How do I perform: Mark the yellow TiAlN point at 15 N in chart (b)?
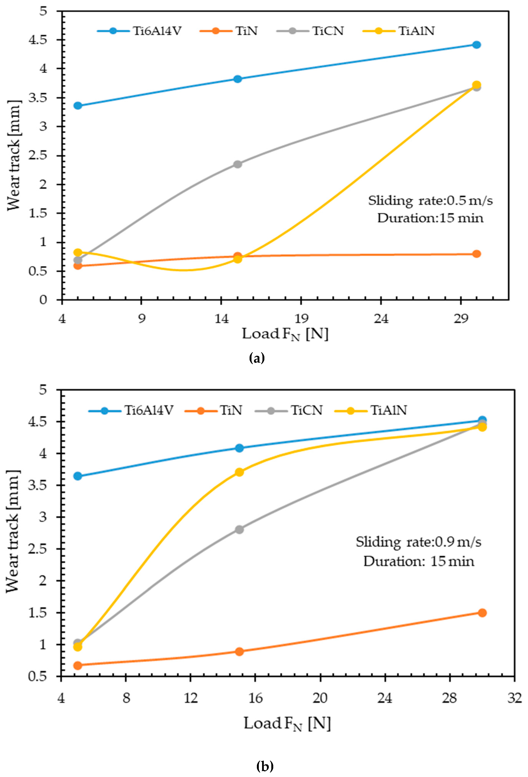pos(239,472)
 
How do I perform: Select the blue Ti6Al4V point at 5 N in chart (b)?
pos(78,476)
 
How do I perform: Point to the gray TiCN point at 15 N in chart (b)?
pos(239,529)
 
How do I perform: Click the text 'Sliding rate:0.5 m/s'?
pos(430,201)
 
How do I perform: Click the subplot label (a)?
pos(257,358)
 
